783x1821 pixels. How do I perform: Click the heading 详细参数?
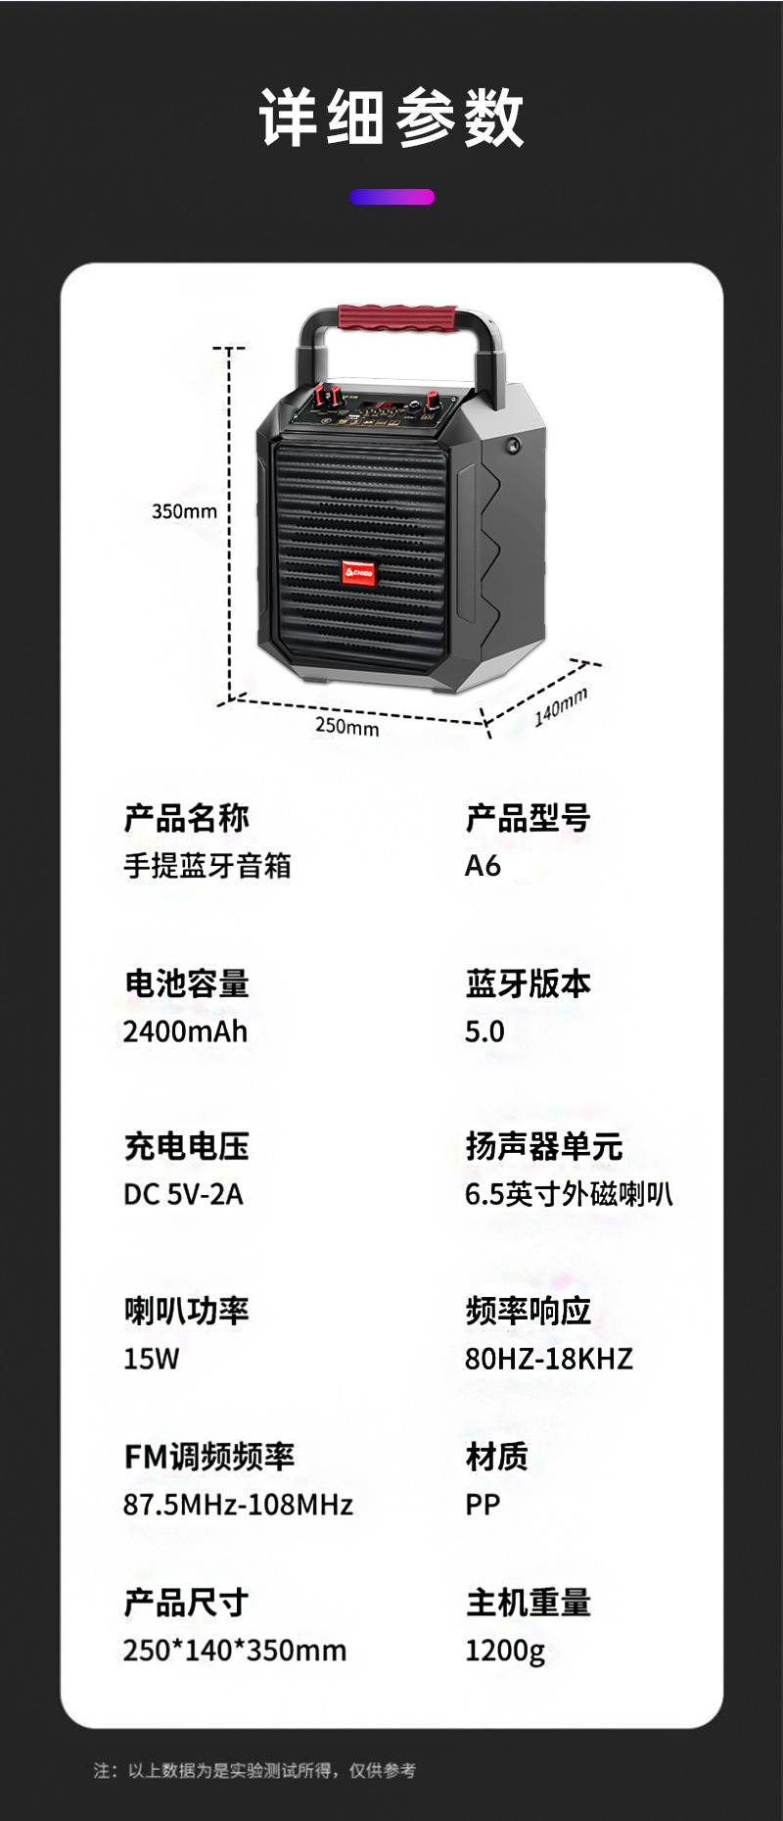click(391, 118)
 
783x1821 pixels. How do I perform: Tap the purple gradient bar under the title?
click(391, 197)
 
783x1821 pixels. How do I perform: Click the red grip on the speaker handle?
click(397, 318)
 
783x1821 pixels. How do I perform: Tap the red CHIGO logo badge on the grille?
click(358, 572)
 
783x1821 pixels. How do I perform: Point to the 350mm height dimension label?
click(184, 511)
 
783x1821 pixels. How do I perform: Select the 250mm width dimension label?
click(346, 726)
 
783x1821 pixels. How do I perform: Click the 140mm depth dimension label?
click(561, 706)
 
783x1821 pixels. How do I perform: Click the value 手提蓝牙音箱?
click(207, 866)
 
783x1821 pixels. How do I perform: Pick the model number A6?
click(483, 866)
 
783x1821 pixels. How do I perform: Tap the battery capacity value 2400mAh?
click(186, 1031)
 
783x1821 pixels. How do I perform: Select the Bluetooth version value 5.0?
click(484, 1031)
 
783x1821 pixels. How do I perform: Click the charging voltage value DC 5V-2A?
click(183, 1194)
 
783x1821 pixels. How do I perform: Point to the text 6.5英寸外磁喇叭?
click(569, 1194)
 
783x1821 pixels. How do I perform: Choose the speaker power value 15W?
click(152, 1359)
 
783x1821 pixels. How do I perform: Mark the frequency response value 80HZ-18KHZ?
click(549, 1359)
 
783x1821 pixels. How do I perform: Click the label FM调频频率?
click(208, 1457)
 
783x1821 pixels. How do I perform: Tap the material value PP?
click(483, 1505)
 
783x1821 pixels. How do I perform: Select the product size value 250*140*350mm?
click(235, 1651)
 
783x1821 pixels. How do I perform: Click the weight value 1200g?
click(505, 1651)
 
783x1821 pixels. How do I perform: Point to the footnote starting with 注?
click(254, 1770)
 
